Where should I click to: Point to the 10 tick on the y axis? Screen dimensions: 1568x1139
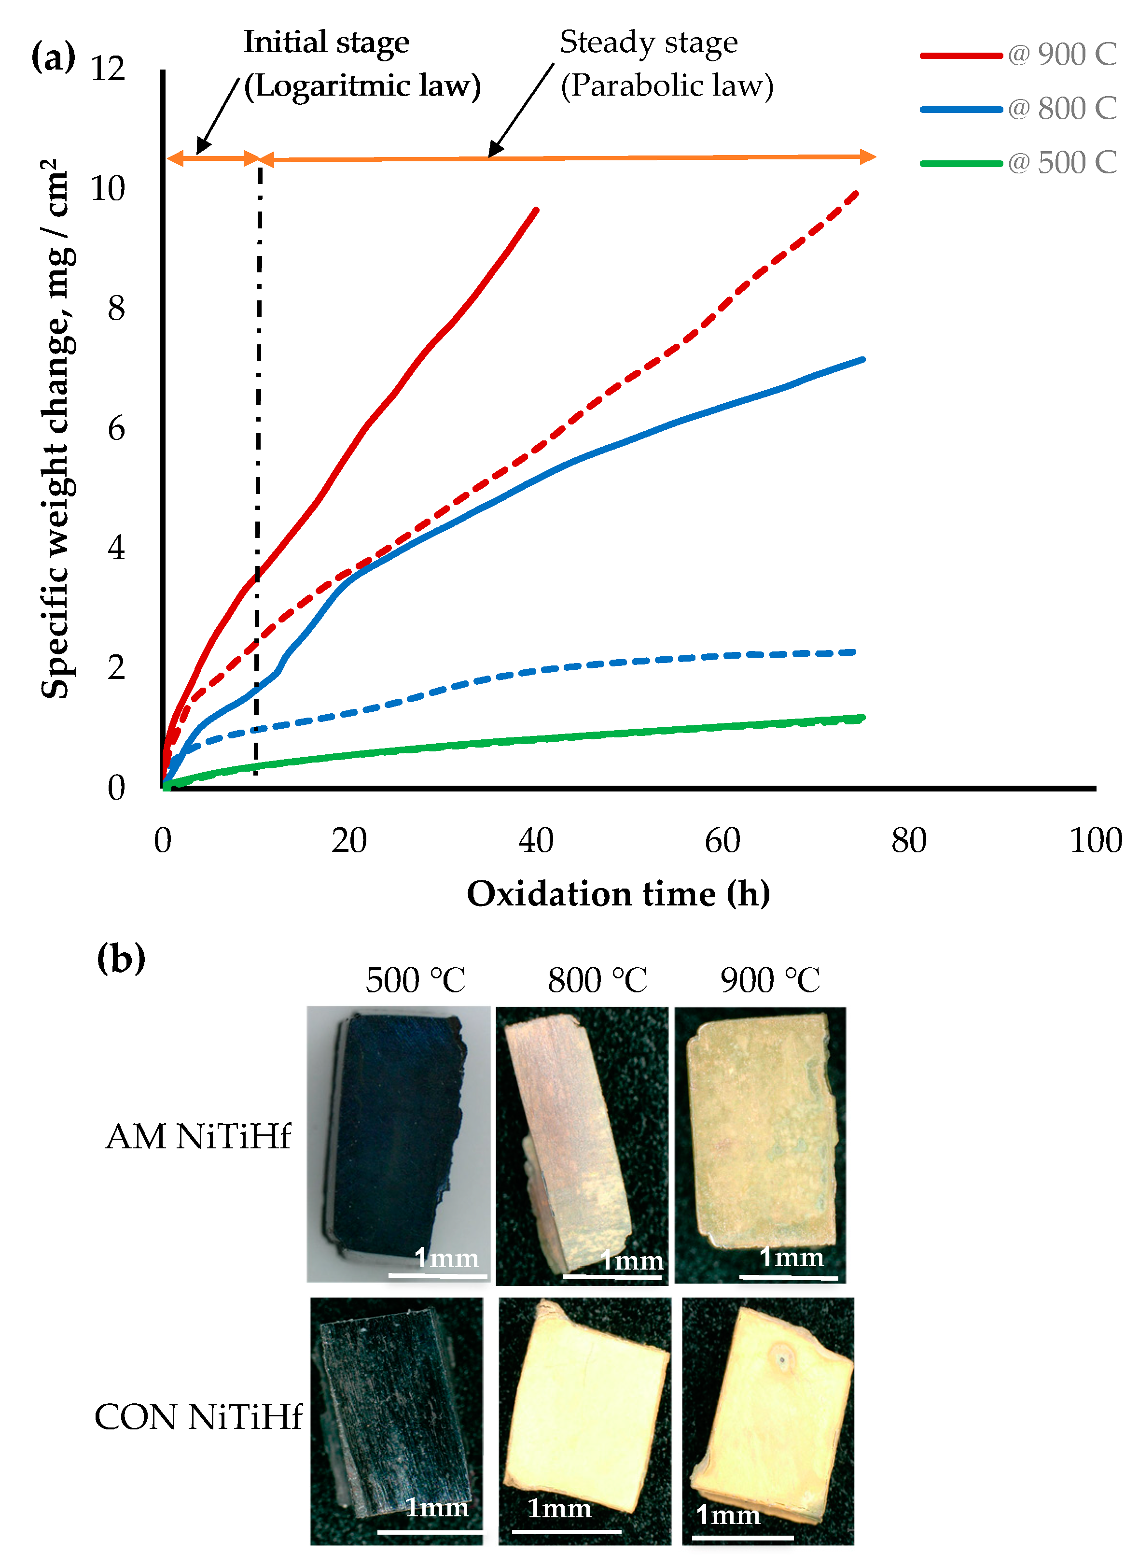[x=109, y=188]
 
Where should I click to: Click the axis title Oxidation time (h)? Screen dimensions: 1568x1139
[x=619, y=894]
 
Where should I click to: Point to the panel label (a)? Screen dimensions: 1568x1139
[x=53, y=57]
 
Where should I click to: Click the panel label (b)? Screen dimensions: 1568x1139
[x=121, y=958]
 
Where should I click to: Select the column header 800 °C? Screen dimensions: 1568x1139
[x=597, y=980]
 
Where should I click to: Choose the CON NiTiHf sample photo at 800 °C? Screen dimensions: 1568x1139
[x=584, y=1421]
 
